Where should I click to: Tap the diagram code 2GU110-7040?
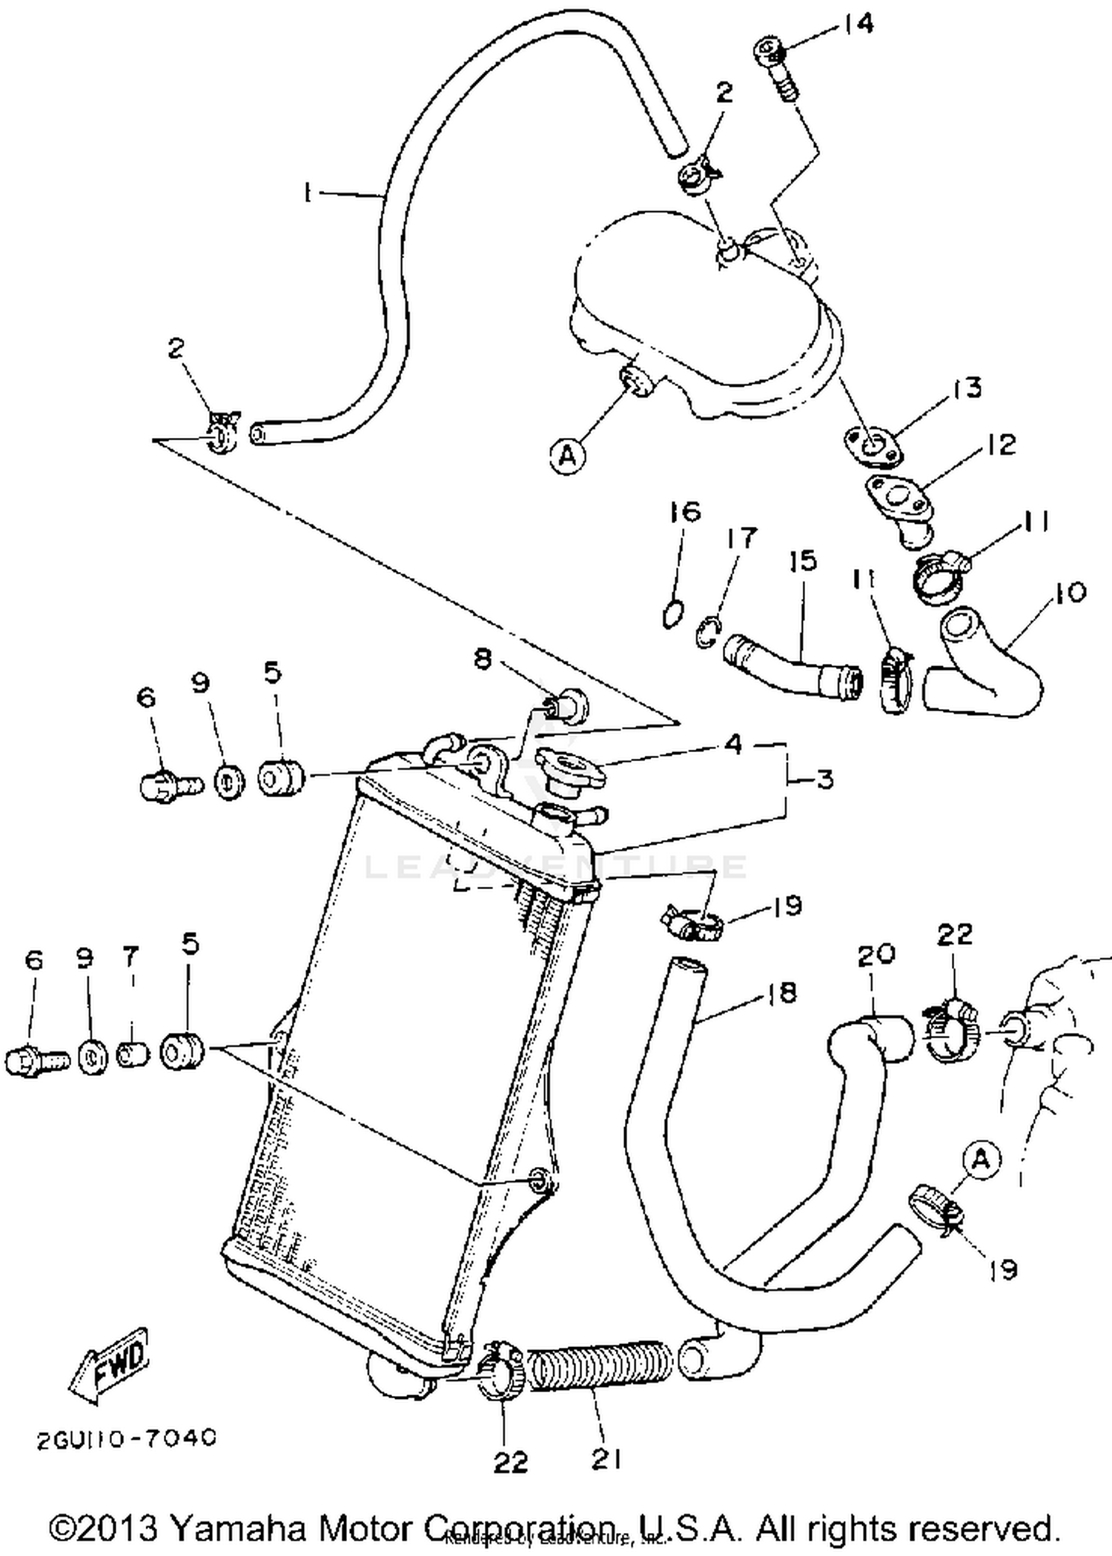click(126, 1438)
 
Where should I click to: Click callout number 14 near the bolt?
click(858, 24)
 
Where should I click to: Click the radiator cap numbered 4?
click(569, 770)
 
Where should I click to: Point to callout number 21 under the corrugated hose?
click(606, 1459)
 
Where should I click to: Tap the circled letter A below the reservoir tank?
click(567, 455)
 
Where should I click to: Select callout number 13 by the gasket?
click(967, 388)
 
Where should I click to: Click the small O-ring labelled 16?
click(672, 614)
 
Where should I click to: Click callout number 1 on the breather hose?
click(306, 193)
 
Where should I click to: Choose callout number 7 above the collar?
click(130, 957)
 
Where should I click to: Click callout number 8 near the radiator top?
click(483, 658)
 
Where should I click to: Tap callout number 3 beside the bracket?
click(824, 779)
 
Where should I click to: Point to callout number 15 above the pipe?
click(802, 561)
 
